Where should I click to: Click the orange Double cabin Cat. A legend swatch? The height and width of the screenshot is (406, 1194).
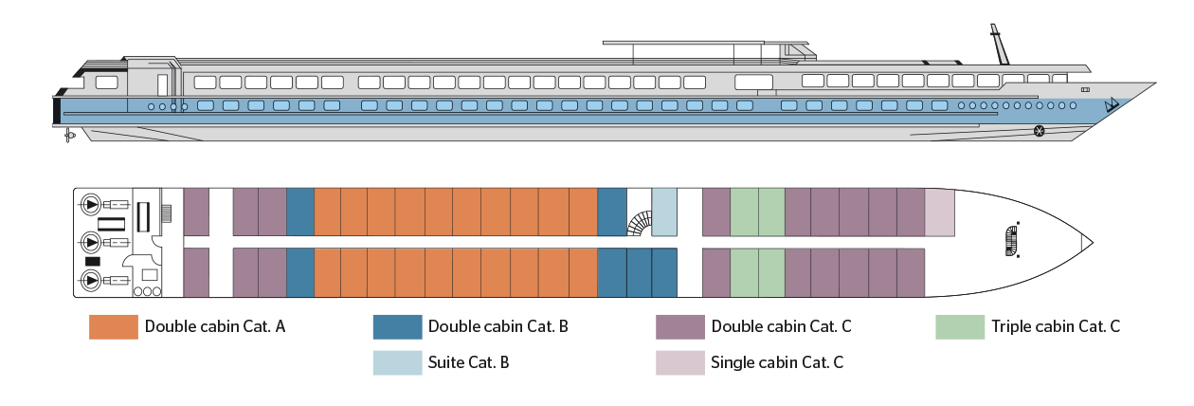tap(114, 327)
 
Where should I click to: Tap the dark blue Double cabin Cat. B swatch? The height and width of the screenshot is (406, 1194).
tap(397, 327)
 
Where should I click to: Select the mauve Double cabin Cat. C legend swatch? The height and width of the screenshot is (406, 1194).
tap(680, 327)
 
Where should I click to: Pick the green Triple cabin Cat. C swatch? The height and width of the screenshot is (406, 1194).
tap(960, 327)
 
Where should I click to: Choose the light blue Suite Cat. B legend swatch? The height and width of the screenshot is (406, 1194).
tap(397, 362)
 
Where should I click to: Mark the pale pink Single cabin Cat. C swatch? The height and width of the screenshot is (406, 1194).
tap(680, 362)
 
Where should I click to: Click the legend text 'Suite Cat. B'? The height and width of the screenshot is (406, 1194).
tap(469, 362)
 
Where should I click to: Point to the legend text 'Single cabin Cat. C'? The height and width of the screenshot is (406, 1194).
tap(776, 362)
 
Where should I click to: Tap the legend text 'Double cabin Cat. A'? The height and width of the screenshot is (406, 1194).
tap(215, 327)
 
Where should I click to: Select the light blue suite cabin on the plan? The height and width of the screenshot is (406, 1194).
tap(664, 212)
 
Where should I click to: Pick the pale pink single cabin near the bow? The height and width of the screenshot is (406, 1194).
tap(939, 212)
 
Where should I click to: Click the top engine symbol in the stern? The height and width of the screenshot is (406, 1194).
tap(92, 203)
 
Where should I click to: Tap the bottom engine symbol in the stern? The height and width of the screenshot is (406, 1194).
tap(92, 280)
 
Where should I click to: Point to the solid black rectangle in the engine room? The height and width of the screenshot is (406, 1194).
tap(93, 261)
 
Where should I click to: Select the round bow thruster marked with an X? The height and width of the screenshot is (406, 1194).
tap(1040, 130)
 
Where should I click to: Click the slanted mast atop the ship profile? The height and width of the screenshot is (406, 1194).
tap(998, 46)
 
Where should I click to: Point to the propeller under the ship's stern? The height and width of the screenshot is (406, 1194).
tap(69, 137)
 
